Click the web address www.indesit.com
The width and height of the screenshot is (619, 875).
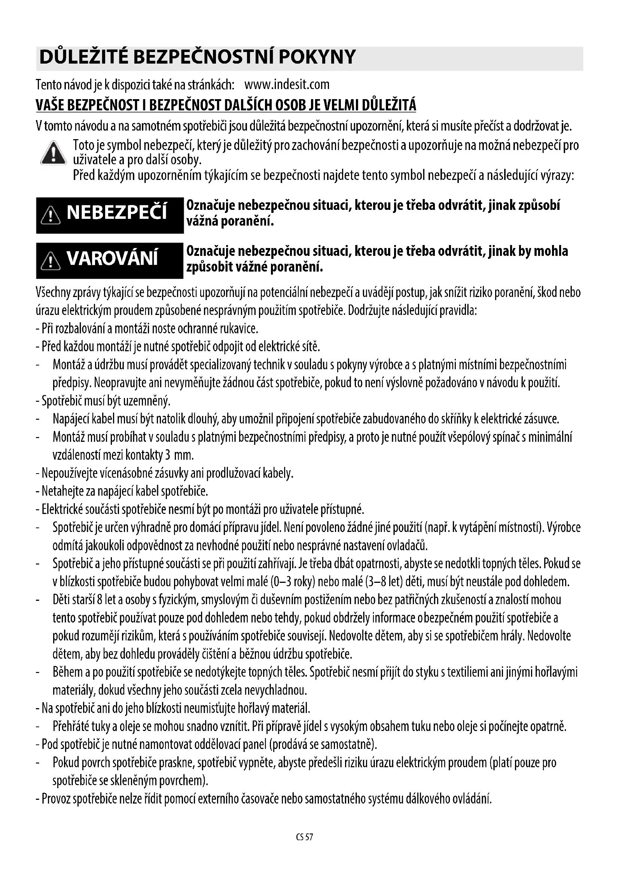tap(287, 84)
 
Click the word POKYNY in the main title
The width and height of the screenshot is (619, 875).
tap(317, 57)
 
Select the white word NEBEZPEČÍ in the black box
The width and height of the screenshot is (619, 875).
tap(117, 212)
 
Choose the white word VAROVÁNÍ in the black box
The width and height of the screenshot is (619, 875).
tap(112, 258)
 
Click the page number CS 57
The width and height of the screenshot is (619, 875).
tap(304, 837)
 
